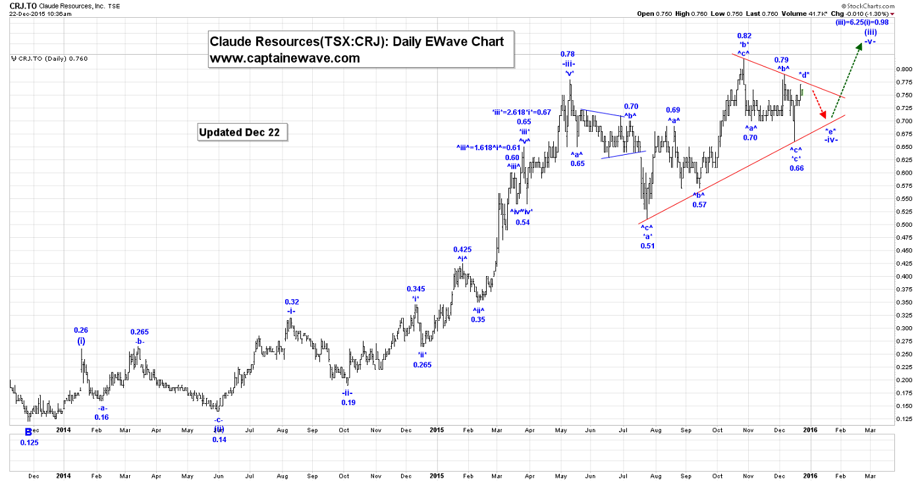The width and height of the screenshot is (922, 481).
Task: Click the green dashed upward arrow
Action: [846, 79]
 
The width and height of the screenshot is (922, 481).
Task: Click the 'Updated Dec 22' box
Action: [243, 132]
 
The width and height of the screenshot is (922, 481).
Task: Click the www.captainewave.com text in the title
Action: [285, 58]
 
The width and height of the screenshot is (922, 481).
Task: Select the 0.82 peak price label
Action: [744, 36]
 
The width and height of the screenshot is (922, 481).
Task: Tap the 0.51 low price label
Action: [648, 246]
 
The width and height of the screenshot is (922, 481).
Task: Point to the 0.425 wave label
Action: [462, 250]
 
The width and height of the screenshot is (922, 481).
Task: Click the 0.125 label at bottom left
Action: [29, 442]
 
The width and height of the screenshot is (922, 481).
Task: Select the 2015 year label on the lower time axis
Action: [437, 474]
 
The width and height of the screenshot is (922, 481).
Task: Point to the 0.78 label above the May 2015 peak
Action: [568, 54]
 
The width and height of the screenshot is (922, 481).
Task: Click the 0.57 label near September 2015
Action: [699, 205]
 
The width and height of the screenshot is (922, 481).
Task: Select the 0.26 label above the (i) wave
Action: [81, 331]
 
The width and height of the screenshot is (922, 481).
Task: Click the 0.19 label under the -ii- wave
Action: [348, 403]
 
